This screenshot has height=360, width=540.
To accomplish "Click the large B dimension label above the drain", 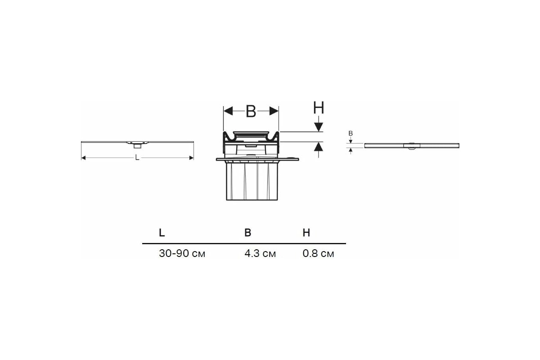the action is point(251,112).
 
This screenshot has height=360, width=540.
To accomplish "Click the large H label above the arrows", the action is point(319,108).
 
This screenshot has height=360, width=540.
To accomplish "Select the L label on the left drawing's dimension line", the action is point(137,157).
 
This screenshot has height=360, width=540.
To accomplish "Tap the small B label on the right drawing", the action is point(351,133).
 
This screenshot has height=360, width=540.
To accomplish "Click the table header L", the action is point(162,233).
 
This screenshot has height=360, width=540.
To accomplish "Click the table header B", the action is point(248,233).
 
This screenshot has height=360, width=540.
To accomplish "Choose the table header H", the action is point(306,233).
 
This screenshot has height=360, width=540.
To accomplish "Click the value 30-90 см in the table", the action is point(182,253).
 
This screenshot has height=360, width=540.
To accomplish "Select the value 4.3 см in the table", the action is point(260,253).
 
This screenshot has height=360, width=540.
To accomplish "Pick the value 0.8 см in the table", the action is point(318,253).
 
